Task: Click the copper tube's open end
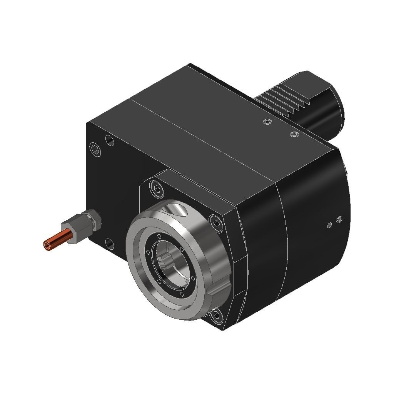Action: coord(47,245)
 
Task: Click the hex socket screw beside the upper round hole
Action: coord(95,149)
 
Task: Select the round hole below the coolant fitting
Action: coord(110,244)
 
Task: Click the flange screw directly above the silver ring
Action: coord(157,188)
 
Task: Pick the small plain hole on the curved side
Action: coord(329,225)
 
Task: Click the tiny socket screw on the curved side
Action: coord(339,220)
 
